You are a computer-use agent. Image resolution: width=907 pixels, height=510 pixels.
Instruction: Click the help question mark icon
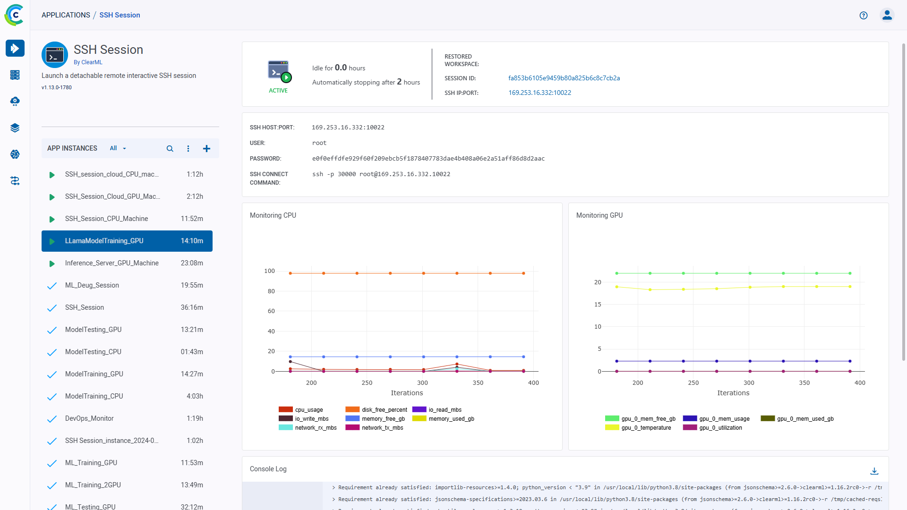[x=864, y=16]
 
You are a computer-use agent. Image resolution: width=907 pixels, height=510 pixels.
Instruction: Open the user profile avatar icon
[x=887, y=16]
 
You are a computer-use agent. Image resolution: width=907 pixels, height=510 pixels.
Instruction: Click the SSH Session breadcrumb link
[x=120, y=15]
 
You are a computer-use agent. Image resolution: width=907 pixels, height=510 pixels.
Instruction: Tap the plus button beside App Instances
[x=206, y=149]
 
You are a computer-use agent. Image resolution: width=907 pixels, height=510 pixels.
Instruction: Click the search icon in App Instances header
[x=170, y=149]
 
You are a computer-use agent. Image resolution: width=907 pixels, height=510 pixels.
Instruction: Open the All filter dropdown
[x=118, y=148]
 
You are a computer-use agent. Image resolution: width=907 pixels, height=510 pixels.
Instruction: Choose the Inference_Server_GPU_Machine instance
[x=112, y=263]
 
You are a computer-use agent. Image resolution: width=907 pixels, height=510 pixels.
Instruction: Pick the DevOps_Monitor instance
[x=89, y=418]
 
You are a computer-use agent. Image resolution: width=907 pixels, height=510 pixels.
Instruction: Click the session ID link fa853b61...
[x=564, y=78]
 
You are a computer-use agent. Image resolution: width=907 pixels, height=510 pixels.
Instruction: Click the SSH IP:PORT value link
[x=539, y=93]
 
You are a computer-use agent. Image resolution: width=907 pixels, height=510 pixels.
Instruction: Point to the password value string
[x=428, y=159]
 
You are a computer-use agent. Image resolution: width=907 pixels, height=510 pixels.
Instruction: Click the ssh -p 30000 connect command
[x=381, y=174]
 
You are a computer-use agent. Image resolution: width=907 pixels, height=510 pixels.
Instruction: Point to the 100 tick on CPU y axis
[x=269, y=271]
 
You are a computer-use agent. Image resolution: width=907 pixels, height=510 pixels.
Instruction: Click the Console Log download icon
[x=874, y=471]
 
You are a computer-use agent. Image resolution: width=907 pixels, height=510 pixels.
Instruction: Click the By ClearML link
[x=88, y=62]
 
